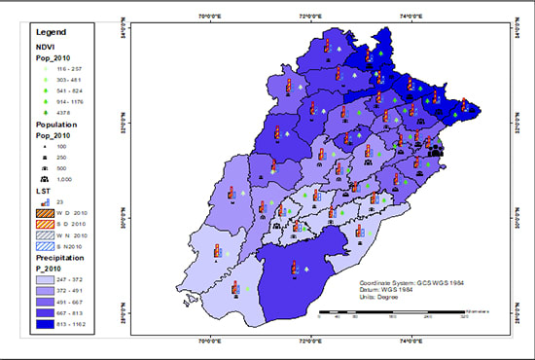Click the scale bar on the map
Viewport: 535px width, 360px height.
[x=389, y=312]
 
